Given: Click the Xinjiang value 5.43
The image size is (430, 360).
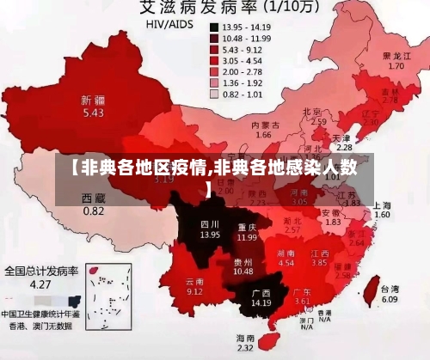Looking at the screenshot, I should click(x=93, y=113).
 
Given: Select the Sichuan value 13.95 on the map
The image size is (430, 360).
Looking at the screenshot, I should click(x=186, y=234).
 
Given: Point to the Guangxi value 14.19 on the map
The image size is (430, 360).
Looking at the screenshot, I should click(x=261, y=303).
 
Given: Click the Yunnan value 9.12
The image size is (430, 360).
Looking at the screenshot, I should click(x=195, y=291).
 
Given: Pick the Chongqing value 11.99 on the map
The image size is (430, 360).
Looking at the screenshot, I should click(x=247, y=237).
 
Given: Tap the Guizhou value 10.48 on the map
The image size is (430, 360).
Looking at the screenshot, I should click(x=243, y=272).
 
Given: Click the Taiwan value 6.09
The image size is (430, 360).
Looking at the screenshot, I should click(x=390, y=300).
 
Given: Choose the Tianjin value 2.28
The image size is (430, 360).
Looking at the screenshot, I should click(x=343, y=148).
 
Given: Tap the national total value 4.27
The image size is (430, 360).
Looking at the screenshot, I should click(x=39, y=284).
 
